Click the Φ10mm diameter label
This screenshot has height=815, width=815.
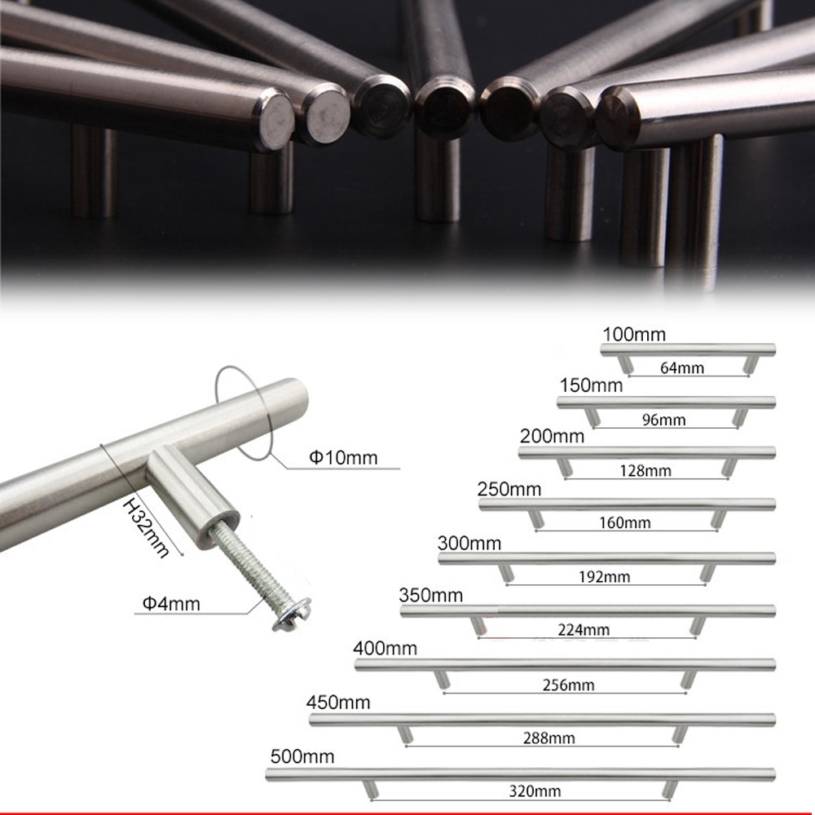coord(343,457)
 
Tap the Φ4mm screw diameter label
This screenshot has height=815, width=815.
coord(171,603)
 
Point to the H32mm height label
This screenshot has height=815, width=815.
coord(146,527)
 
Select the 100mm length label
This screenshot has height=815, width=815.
coord(634,334)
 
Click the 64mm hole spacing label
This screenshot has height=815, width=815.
coord(682,368)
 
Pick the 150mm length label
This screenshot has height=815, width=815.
coord(591,385)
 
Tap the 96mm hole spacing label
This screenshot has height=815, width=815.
coord(663,420)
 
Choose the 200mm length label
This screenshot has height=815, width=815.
coord(552,435)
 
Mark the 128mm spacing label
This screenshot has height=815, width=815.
coord(645,471)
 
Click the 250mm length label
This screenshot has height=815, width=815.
coord(509,489)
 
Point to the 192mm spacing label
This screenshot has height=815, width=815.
coord(604,576)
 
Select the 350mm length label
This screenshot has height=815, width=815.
coord(431,595)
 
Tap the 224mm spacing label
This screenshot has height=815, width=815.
coord(584,630)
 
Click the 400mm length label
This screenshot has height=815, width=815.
coord(385,648)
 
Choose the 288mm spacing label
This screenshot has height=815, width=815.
coord(548,738)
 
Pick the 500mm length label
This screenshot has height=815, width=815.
coord(302,756)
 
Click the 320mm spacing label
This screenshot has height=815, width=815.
coord(535,791)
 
